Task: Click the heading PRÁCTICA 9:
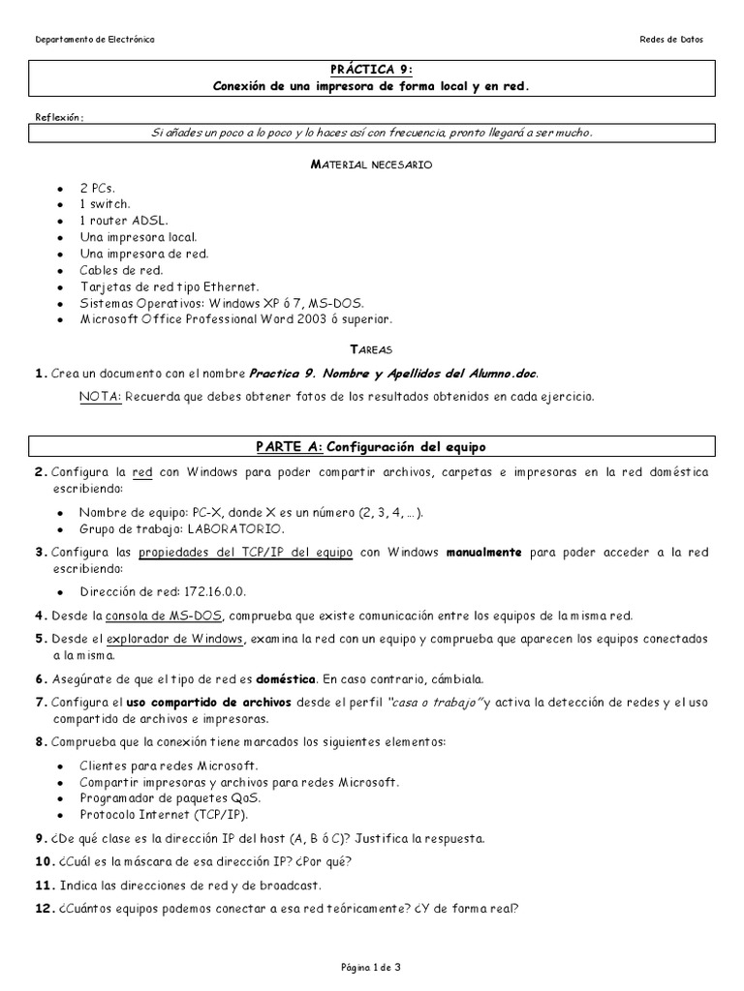(x=372, y=69)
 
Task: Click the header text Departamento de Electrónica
(x=94, y=40)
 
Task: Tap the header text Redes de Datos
(x=671, y=40)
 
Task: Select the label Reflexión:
(x=59, y=117)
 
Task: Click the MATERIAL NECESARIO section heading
(x=371, y=165)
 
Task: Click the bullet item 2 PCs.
(x=97, y=188)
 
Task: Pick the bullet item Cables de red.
(x=121, y=270)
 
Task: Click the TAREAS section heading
(x=371, y=348)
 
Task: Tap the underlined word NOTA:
(x=100, y=396)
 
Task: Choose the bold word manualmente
(x=483, y=553)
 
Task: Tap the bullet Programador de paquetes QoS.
(x=170, y=798)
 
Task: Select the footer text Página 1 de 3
(x=371, y=967)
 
